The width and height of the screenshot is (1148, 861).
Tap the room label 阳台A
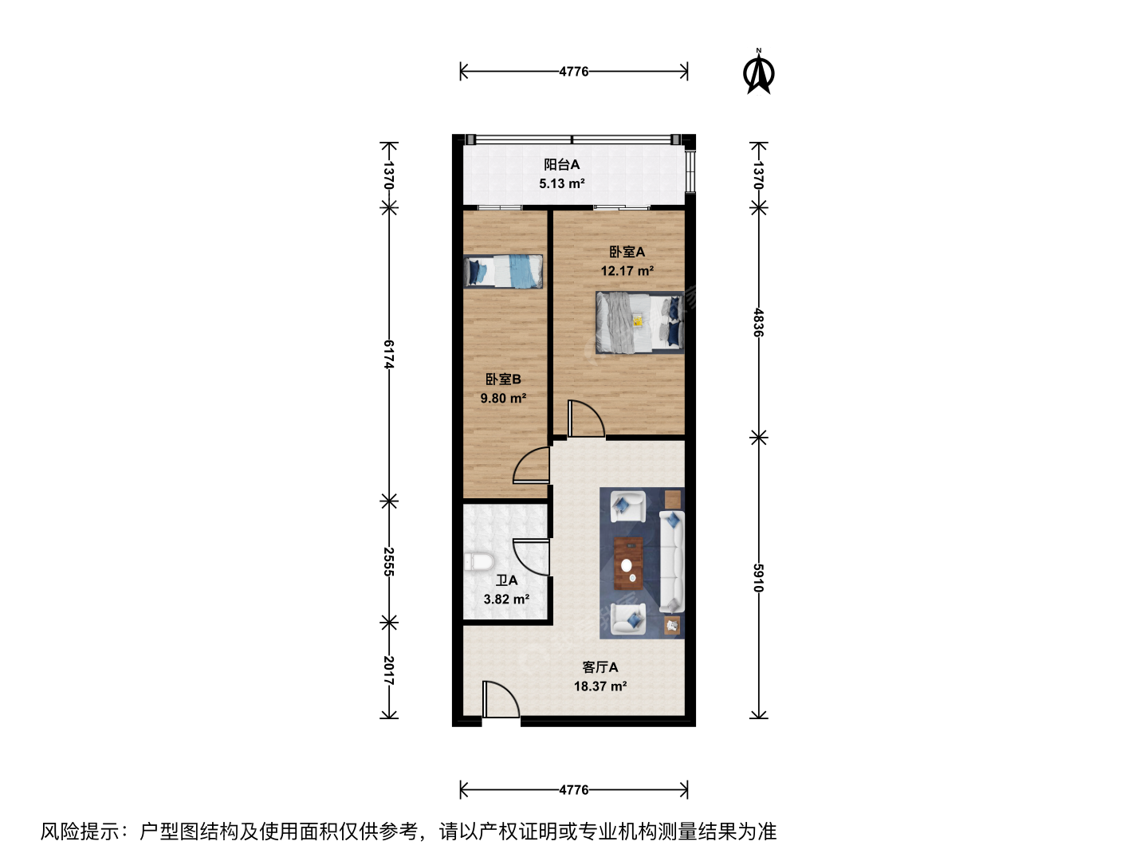pos(561,165)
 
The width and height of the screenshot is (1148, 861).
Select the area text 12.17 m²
pos(627,271)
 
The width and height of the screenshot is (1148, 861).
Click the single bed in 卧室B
pos(503,271)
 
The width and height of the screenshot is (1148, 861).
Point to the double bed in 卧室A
pos(639,323)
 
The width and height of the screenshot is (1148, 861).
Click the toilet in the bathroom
pos(479,562)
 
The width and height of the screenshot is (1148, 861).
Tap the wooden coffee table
pos(628,563)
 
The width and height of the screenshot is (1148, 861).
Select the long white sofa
pos(671,561)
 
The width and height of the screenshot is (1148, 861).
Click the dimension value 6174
pos(388,355)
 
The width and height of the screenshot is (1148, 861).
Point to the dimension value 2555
pos(388,561)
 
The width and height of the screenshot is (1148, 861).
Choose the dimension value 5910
pos(758,578)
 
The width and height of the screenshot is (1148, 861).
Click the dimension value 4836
pos(758,323)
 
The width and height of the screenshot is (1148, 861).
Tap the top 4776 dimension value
pos(574,71)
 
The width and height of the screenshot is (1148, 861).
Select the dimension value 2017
pos(388,670)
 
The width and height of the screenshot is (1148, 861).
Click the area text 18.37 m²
pos(600,686)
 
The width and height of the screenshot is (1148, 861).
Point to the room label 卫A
pos(507,580)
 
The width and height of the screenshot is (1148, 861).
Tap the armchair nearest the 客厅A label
pos(628,619)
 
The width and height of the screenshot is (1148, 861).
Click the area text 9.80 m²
pos(503,399)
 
